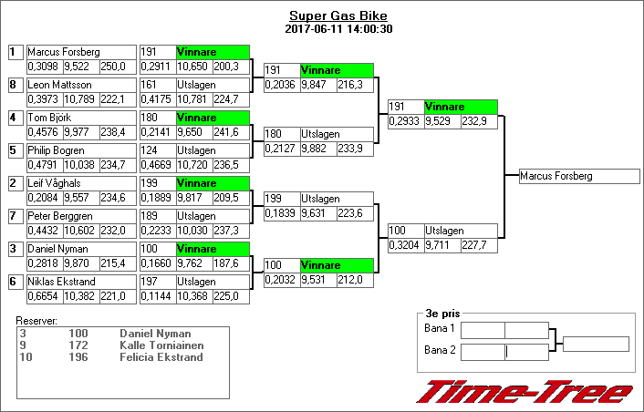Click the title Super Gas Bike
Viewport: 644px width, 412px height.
[338, 15]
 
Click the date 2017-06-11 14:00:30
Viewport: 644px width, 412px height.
[338, 28]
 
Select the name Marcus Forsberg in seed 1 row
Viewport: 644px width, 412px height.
[64, 52]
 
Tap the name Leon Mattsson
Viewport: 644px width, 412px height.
[59, 85]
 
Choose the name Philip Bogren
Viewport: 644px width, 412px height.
[57, 150]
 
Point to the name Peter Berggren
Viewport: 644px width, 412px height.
[60, 216]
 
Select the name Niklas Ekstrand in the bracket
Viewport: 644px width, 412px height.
[61, 282]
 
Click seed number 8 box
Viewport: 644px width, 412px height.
[13, 85]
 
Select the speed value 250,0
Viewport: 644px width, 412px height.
[113, 66]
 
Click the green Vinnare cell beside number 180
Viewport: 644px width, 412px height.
[212, 118]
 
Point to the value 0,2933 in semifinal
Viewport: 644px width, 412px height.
[406, 120]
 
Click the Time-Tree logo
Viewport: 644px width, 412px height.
[525, 391]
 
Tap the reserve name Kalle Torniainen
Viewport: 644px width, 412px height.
[161, 345]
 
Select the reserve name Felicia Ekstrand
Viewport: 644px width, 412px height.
[161, 356]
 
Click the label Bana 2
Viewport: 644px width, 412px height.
[440, 351]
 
